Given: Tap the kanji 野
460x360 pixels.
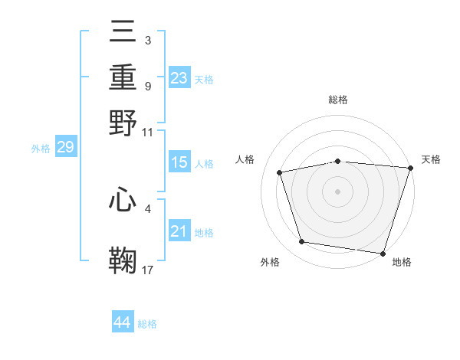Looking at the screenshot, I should (x=123, y=123).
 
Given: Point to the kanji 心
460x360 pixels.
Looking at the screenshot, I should (x=123, y=202).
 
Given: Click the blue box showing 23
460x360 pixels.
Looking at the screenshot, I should (x=179, y=77).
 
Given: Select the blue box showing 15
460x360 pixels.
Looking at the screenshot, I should (x=179, y=162).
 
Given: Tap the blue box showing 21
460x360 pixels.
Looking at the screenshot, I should (x=179, y=231).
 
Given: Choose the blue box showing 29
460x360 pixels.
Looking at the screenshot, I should (x=65, y=147).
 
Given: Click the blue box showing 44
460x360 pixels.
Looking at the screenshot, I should (x=122, y=322).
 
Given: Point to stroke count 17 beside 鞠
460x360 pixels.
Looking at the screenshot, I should (x=148, y=269).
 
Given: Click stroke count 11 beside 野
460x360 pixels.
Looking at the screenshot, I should (x=147, y=131).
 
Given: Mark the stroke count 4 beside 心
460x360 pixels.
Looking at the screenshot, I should (x=147, y=207).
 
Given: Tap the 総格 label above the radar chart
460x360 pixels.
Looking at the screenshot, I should (x=337, y=100).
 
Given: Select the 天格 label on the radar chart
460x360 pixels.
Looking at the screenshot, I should (x=431, y=159).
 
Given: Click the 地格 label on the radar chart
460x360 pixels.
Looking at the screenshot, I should (x=402, y=262).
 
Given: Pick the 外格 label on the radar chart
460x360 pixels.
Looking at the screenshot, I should (x=270, y=262).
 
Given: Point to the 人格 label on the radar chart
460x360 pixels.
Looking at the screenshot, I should (x=245, y=159).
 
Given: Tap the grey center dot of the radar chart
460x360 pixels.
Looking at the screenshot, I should (x=337, y=191).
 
